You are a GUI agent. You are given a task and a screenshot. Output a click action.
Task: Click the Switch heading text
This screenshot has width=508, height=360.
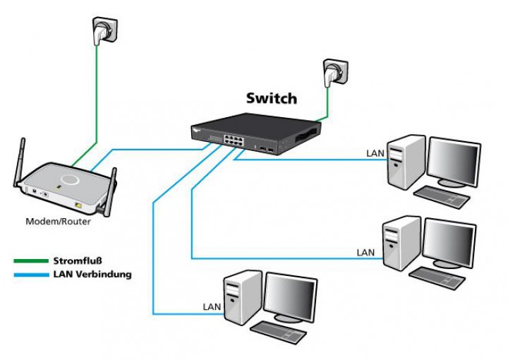click(271, 99)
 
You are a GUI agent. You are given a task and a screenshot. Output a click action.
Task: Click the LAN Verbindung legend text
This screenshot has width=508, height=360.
click(92, 274)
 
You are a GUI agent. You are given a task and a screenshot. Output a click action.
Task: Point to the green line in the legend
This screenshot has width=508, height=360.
click(30, 261)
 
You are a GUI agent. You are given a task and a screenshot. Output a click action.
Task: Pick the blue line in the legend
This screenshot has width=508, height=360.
click(30, 275)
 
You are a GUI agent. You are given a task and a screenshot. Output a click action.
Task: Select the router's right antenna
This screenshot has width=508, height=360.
click(111, 188)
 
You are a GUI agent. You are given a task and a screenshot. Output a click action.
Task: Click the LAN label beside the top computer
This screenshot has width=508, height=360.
click(374, 152)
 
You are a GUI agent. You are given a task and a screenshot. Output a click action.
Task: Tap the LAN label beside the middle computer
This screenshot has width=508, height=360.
click(365, 252)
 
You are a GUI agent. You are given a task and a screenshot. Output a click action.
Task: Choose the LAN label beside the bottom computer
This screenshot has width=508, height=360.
click(212, 306)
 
